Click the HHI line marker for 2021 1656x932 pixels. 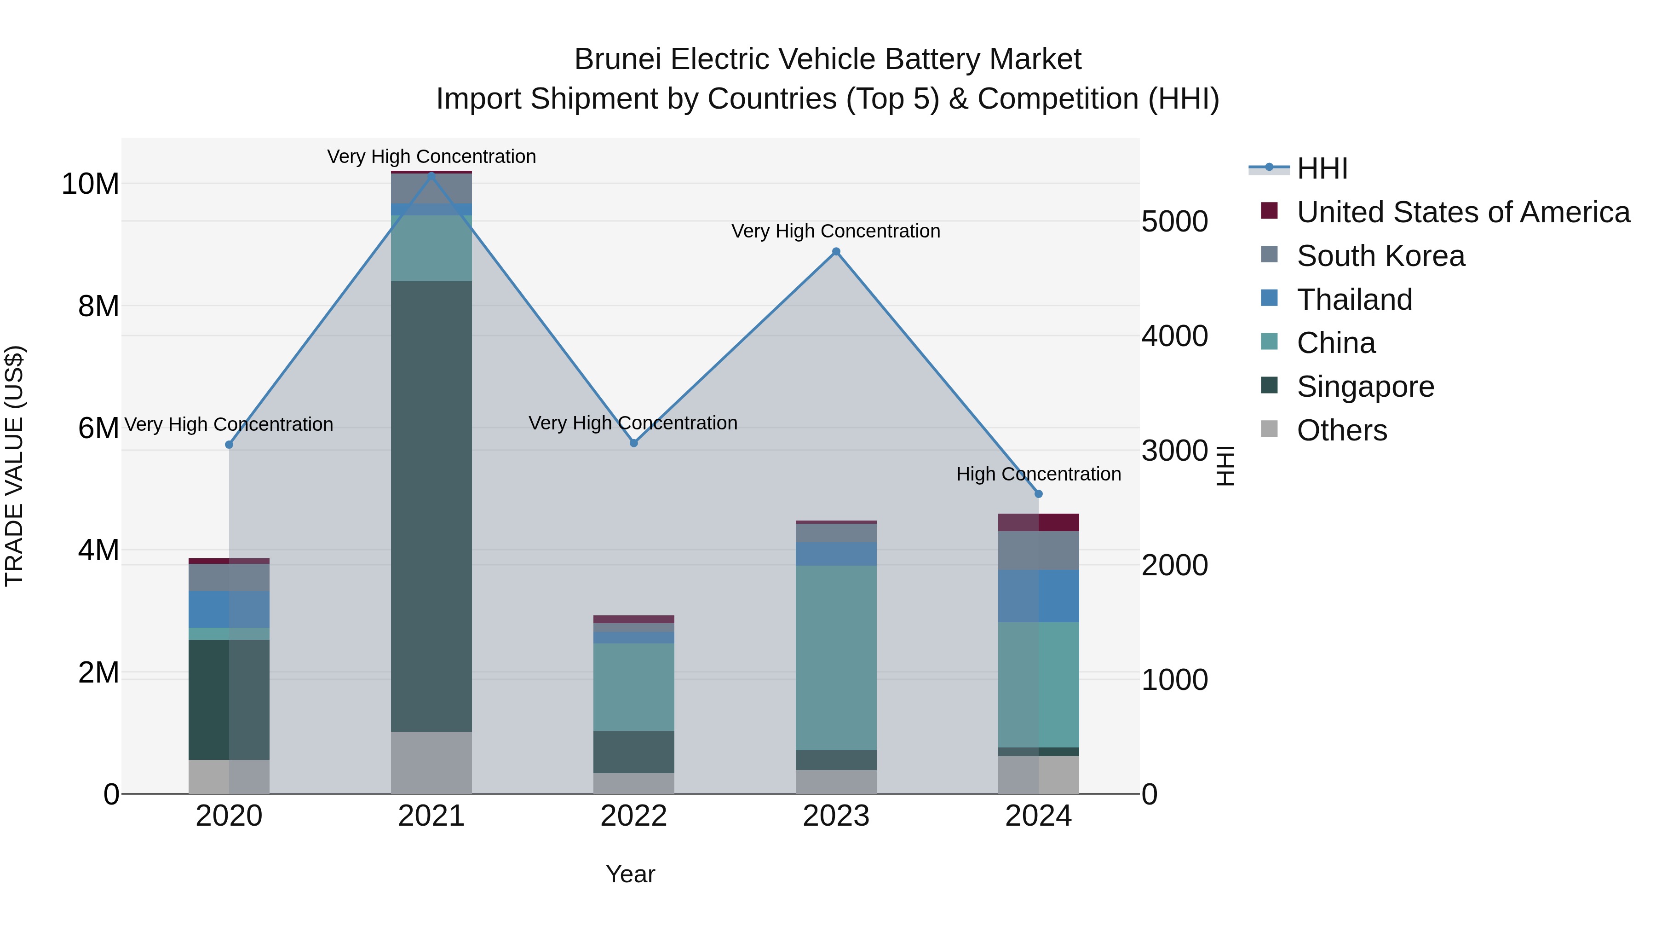point(431,175)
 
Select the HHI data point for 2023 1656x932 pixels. point(836,251)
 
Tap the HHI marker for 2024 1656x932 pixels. point(1038,494)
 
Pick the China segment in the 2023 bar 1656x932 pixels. point(836,657)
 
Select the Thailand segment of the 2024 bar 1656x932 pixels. point(1038,596)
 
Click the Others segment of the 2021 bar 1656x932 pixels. point(431,762)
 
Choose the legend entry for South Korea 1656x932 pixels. point(1380,256)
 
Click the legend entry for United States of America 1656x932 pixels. point(1462,212)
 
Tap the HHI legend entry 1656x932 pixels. point(1321,168)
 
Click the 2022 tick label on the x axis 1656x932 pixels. point(633,816)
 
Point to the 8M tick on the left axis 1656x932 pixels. point(98,306)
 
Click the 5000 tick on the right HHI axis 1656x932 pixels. point(1174,222)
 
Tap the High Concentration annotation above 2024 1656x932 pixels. point(1038,474)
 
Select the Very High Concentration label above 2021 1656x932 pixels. point(431,156)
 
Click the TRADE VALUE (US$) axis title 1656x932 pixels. point(14,466)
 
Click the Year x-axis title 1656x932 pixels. point(630,874)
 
